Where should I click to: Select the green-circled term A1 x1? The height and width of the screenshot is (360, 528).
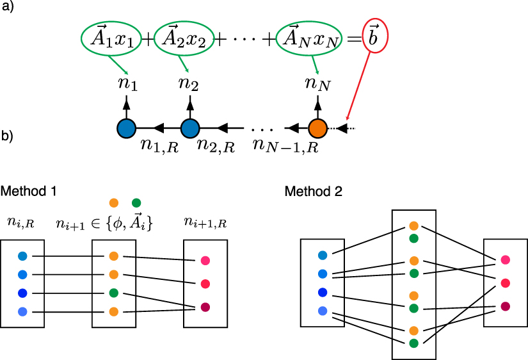point(111,39)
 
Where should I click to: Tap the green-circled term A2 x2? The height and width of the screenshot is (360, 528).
point(184,39)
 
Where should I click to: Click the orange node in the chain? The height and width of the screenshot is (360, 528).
point(318,128)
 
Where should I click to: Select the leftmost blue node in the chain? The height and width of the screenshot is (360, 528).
point(125,128)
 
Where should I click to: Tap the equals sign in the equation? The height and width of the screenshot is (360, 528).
point(353,40)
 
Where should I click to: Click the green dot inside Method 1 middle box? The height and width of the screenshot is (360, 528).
point(113,293)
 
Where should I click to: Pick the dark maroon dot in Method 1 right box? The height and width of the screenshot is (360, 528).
point(205,306)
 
